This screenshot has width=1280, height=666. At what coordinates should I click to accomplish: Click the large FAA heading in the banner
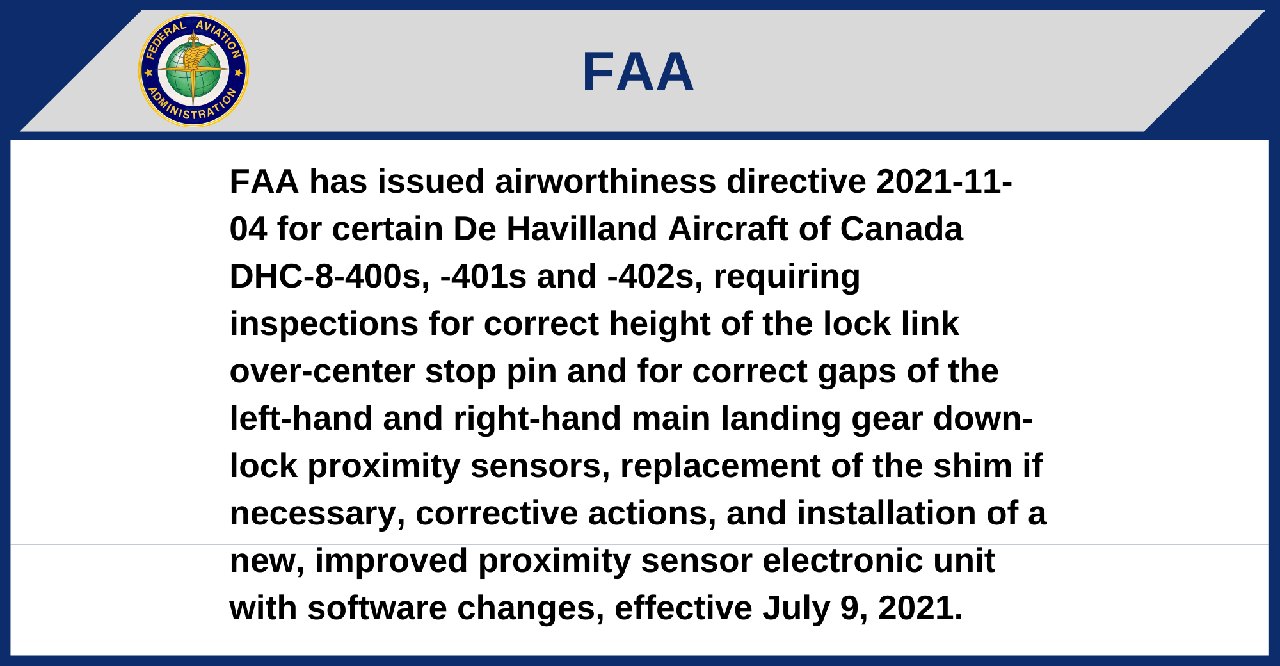(638, 72)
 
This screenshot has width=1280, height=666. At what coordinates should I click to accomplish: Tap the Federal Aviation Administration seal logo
(193, 70)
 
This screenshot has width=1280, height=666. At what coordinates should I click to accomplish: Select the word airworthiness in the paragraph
(605, 181)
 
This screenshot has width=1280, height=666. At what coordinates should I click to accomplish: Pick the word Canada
(901, 229)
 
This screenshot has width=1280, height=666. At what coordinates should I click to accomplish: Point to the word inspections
(324, 324)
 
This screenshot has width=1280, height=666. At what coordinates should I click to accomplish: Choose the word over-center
(322, 371)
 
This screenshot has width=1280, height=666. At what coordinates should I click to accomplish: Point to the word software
(377, 608)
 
